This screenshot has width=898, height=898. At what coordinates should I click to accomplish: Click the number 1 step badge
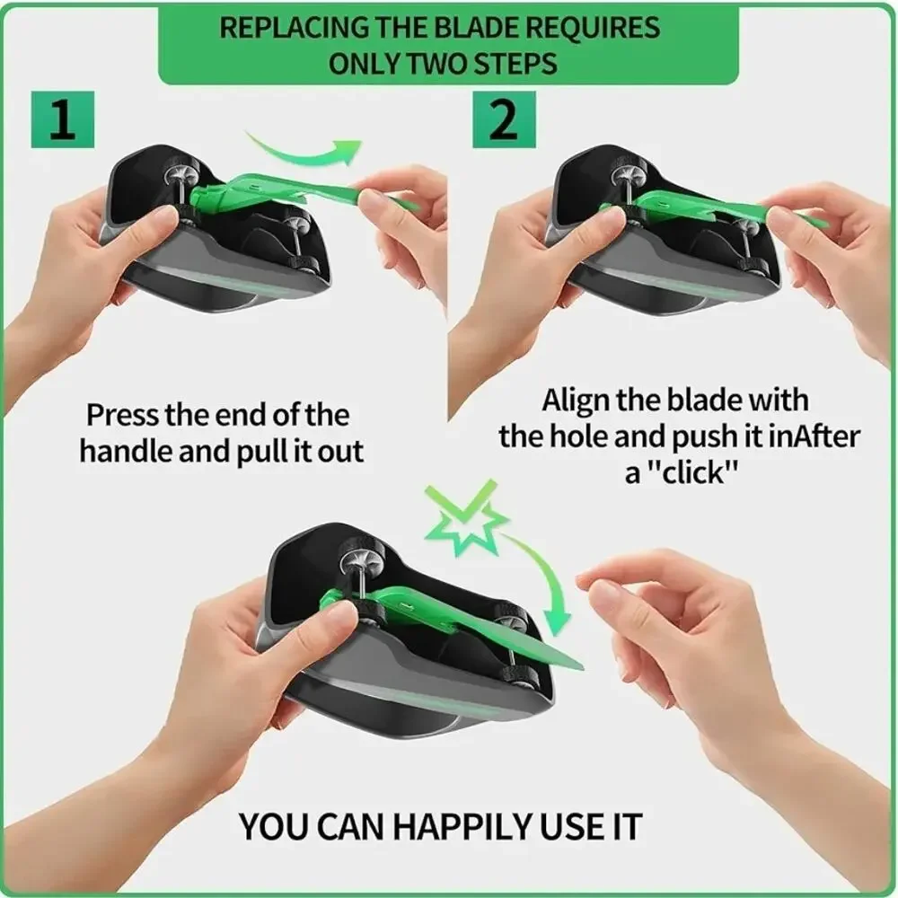point(63,119)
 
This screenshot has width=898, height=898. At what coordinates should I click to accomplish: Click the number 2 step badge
point(504,119)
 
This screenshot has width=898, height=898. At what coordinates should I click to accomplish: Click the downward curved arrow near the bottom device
point(544,578)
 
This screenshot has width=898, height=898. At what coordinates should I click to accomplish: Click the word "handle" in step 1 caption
point(126,451)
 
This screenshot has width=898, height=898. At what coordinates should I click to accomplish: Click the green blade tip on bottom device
point(579,667)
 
